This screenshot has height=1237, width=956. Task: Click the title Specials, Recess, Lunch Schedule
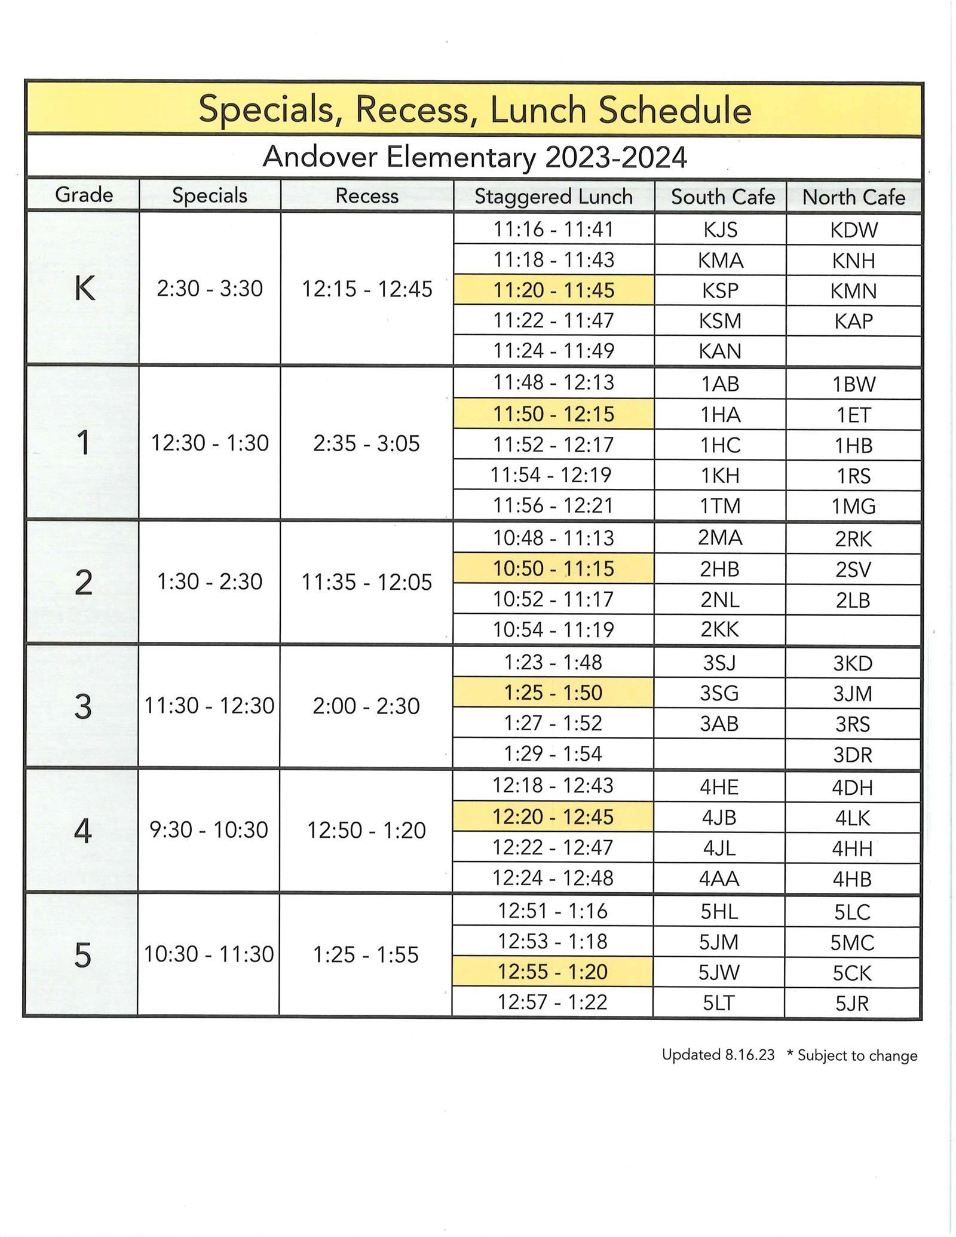474,110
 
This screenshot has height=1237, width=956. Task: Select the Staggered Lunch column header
553,197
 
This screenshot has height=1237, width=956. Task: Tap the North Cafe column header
853,197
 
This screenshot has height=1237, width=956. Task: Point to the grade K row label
84,289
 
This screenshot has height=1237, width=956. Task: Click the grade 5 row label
82,954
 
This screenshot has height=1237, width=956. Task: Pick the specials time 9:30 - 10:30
209,829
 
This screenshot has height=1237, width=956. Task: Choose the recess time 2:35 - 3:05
366,443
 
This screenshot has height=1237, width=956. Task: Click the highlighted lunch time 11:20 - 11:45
553,290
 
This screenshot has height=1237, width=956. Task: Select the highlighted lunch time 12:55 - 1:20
553,972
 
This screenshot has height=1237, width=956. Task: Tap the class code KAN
720,351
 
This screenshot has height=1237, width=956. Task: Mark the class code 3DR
853,755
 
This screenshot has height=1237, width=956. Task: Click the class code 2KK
720,629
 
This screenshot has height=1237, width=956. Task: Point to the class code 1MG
853,506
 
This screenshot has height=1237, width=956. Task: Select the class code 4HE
719,786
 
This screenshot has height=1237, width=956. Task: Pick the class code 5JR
852,1003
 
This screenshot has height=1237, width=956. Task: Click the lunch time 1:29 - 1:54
553,754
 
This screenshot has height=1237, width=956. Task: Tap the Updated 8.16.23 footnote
718,1055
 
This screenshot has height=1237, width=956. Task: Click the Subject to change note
852,1055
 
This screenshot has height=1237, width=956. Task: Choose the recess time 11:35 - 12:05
366,581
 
